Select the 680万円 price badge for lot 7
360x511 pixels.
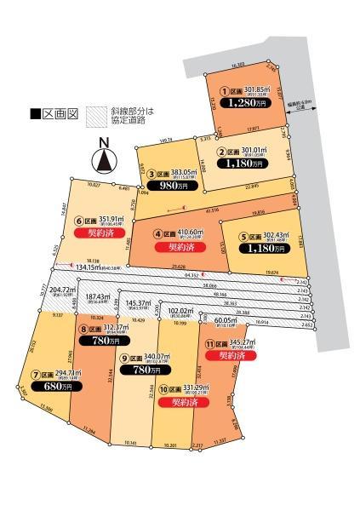tap(57, 387)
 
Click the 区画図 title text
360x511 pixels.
tap(46, 112)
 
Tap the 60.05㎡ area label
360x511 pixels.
tap(226, 320)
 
